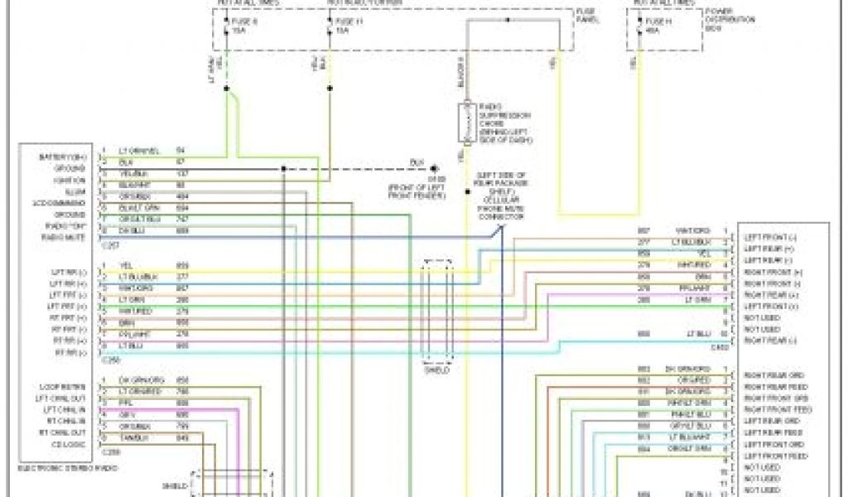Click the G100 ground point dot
click(x=434, y=167)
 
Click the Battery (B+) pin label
click(x=63, y=157)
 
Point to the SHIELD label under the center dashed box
click(x=436, y=370)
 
